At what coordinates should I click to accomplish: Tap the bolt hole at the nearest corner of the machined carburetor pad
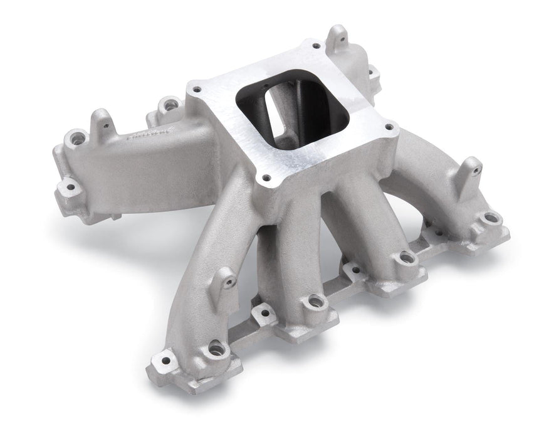click(x=268, y=177)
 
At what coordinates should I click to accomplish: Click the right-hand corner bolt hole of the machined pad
click(x=389, y=127)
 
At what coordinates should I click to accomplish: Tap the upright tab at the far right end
click(x=471, y=168)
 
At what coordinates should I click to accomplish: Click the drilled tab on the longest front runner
click(x=227, y=280)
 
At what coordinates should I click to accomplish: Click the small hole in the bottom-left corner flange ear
click(x=166, y=359)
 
